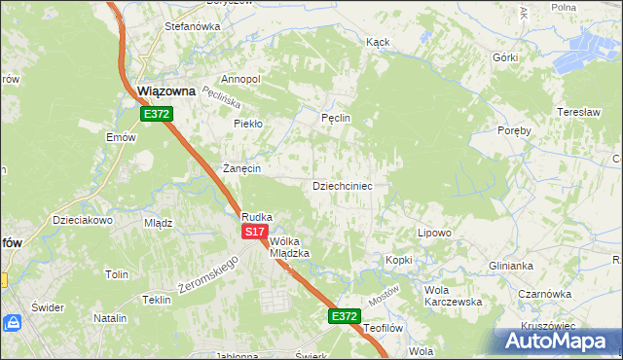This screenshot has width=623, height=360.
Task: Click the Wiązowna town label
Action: [166, 90]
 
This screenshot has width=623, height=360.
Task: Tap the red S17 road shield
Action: [254, 232]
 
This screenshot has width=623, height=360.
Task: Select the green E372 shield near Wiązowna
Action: [156, 114]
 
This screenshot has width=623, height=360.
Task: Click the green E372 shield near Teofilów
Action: [344, 316]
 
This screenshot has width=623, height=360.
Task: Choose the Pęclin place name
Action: [335, 118]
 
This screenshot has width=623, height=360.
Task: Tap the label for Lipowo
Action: [434, 233]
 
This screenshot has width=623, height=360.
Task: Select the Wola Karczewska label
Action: [454, 296]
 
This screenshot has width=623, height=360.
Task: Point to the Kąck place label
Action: [378, 43]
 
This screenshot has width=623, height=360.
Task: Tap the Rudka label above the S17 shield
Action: [257, 217]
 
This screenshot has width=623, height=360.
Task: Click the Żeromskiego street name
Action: [208, 275]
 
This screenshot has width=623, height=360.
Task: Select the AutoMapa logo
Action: [558, 340]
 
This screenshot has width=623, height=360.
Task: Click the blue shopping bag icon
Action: [14, 322]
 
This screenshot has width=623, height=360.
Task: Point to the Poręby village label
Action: [514, 130]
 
